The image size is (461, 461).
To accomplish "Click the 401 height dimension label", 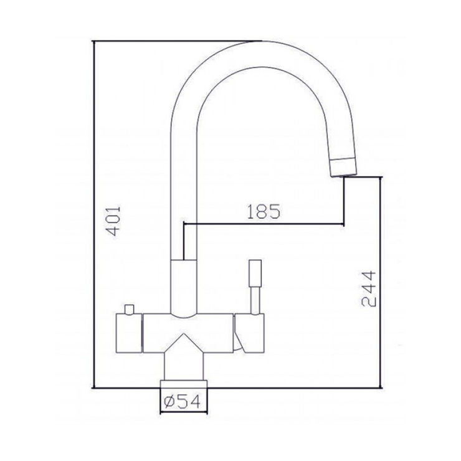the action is [x=113, y=221].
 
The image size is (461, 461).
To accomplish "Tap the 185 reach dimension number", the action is [x=264, y=211].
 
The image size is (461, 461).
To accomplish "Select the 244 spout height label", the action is [x=368, y=288].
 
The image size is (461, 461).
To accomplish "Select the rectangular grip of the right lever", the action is [x=255, y=272].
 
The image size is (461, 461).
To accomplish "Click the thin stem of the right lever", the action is [x=255, y=300].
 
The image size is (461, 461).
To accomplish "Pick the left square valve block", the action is [x=129, y=333].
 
